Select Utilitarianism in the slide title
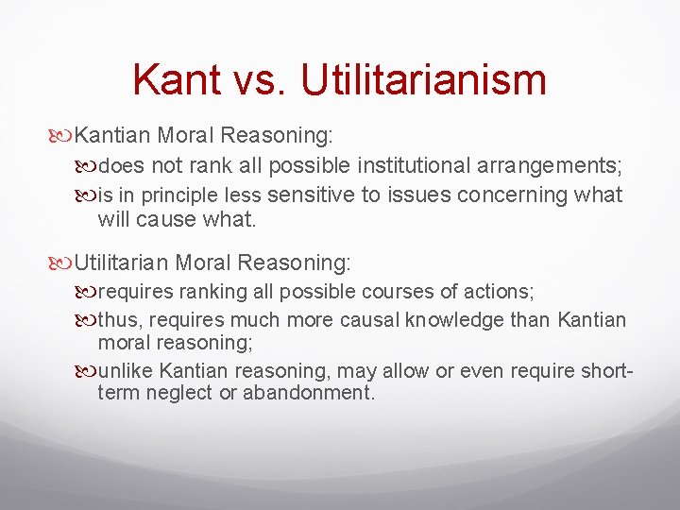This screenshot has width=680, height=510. click(424, 79)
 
